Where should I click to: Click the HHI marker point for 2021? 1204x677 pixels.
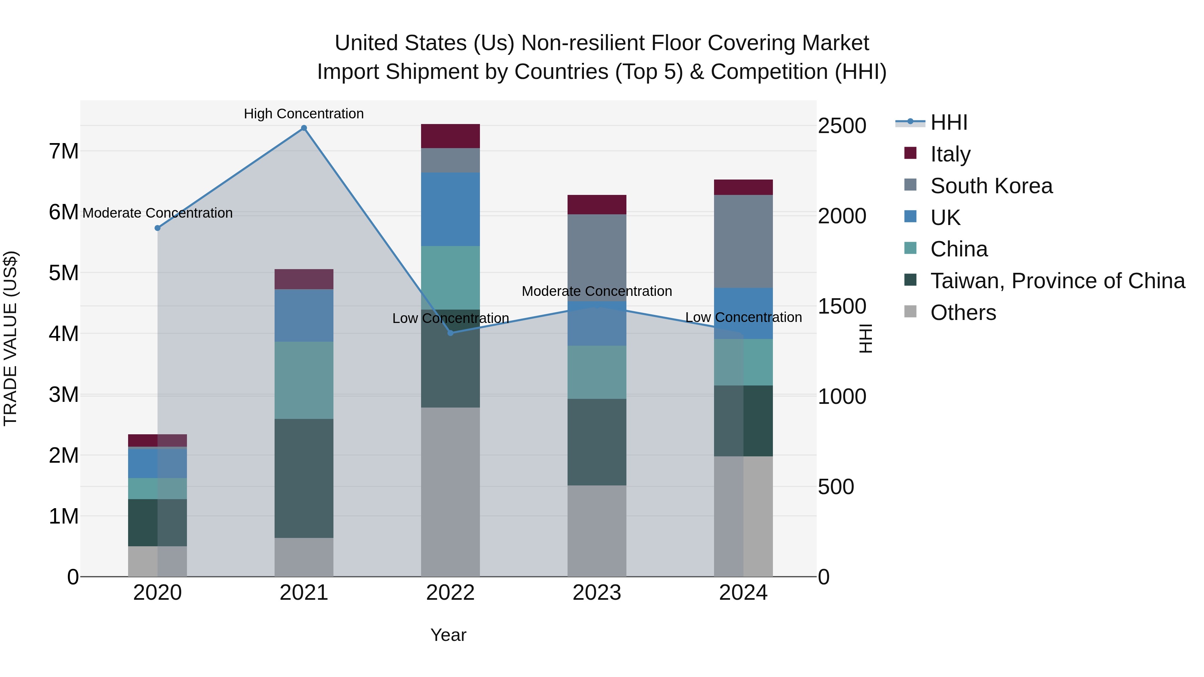[304, 128]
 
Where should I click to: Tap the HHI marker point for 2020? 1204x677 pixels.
[158, 228]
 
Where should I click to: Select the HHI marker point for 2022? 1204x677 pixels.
[450, 333]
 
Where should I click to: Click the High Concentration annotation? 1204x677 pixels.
[304, 114]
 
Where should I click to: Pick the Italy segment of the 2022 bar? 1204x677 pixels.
[450, 136]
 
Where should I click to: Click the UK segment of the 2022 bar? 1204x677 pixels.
[450, 209]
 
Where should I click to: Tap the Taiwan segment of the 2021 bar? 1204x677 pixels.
[304, 478]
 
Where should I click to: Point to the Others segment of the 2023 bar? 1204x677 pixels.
[597, 531]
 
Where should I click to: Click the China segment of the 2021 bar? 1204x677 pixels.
[304, 380]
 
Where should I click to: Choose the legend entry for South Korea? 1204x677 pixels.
[991, 186]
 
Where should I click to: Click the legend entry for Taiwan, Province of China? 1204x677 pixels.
[1057, 281]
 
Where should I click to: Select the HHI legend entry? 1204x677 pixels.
[948, 122]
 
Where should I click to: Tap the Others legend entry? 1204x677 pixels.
[963, 313]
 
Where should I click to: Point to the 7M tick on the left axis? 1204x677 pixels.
[64, 151]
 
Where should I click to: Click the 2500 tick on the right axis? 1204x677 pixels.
[842, 126]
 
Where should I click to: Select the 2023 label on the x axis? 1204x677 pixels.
[597, 593]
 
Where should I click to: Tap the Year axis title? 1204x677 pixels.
[448, 635]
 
